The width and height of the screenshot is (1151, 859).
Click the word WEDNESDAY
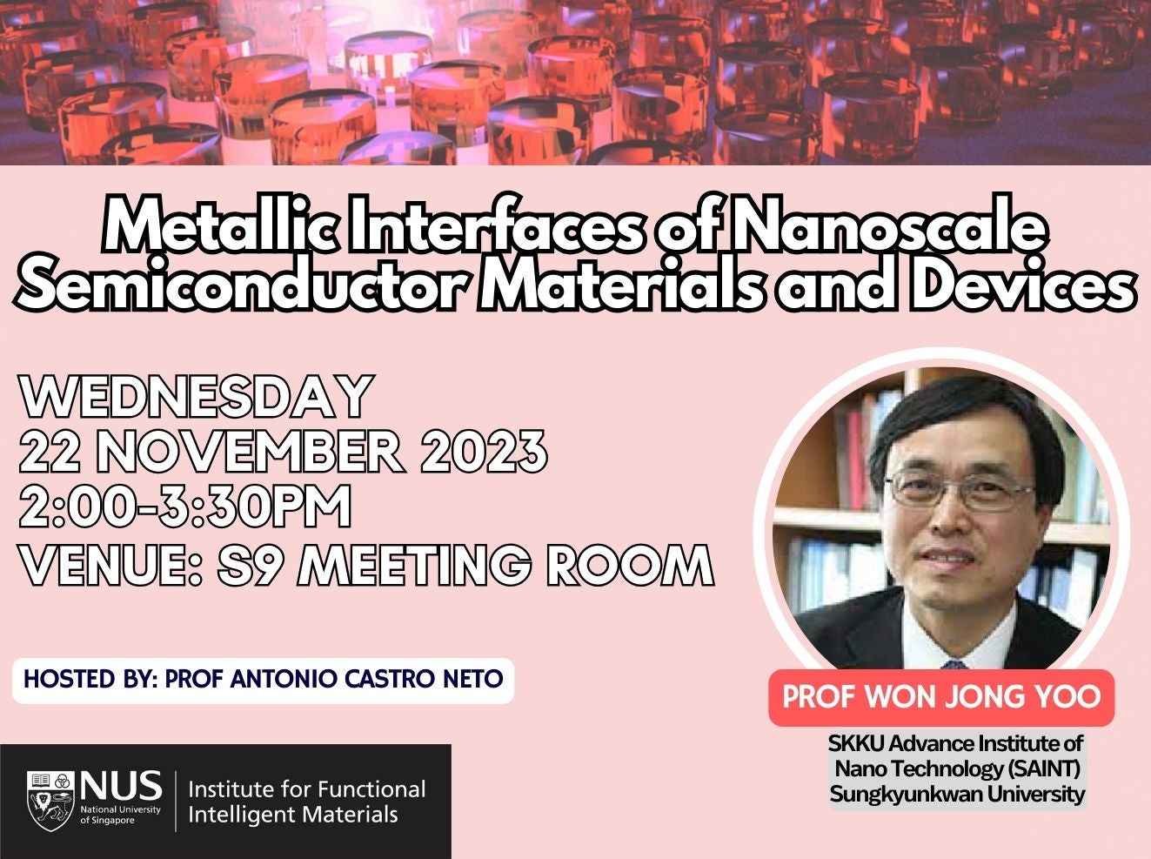pos(197,397)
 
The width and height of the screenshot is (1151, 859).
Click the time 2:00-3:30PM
pos(185,507)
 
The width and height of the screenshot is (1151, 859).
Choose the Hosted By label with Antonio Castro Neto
pos(263,679)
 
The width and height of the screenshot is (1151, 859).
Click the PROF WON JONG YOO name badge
pos(940,697)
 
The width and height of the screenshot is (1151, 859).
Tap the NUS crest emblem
pos(50,799)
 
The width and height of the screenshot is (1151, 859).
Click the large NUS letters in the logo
pos(121,787)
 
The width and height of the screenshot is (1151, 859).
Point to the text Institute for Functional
pos(306,789)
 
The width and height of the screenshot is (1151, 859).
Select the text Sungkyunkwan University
pos(957,794)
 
